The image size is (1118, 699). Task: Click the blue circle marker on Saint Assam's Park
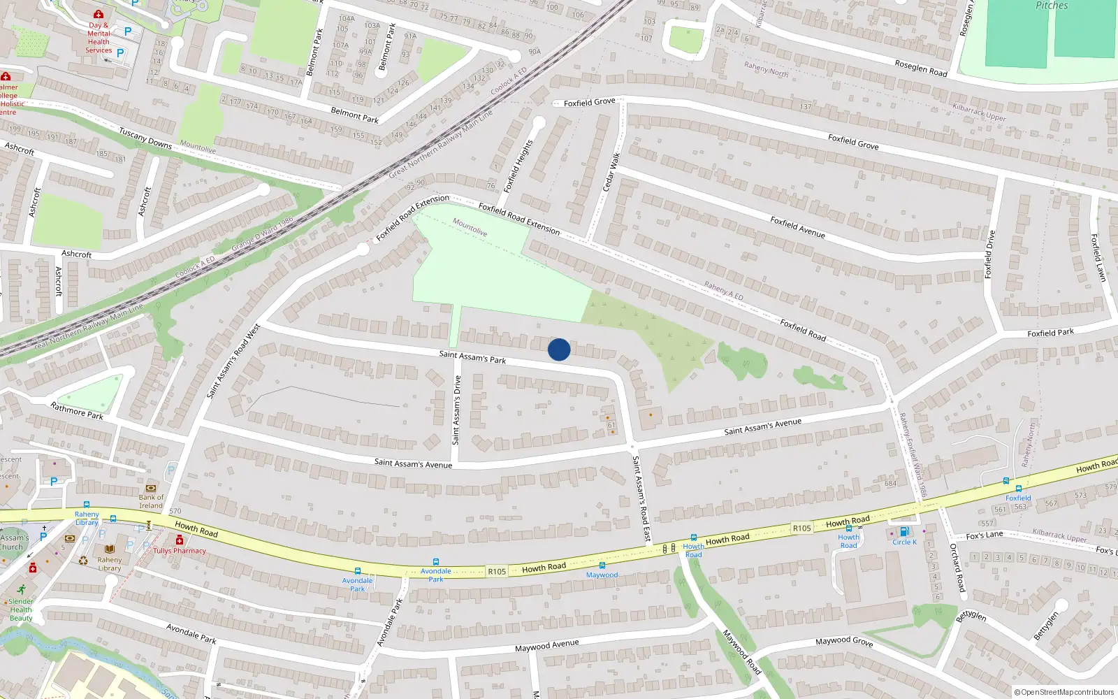point(559,349)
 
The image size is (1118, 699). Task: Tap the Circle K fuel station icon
point(904,532)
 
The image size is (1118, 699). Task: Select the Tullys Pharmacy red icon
point(180,540)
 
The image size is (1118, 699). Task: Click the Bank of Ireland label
point(151,501)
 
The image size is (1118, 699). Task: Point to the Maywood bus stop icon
point(602,565)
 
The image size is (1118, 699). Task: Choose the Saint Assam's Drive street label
point(456,410)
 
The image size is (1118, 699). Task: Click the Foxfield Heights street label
point(518,166)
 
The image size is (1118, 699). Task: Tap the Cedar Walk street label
point(611,172)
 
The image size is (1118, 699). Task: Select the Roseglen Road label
point(921,68)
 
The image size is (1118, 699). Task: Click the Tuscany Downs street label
point(145,138)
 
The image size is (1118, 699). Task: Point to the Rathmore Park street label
point(77,410)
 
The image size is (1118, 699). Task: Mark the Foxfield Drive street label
point(989,254)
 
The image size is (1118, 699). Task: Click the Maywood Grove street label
point(844,641)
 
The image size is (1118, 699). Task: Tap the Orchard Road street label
point(957,568)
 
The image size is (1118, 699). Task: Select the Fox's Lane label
point(985,535)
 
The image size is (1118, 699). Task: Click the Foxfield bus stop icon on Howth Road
point(1018,489)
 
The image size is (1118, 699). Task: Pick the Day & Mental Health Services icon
point(99,15)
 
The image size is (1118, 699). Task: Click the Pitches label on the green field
point(1052,6)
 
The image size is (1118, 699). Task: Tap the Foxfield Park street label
point(1050,333)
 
